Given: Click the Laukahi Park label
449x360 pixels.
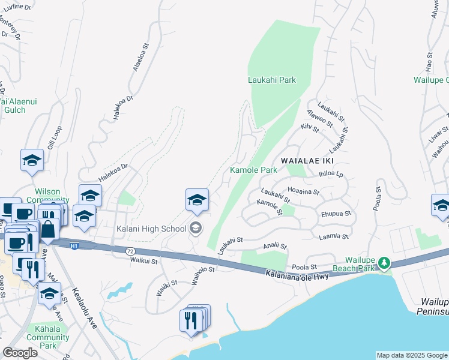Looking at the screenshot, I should (272, 80).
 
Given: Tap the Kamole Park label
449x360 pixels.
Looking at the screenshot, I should (254, 170).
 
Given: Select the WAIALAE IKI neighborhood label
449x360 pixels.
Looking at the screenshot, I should (306, 161).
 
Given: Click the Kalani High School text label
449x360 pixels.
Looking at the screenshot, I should (152, 229).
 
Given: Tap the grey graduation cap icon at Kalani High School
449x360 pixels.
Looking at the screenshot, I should (195, 228).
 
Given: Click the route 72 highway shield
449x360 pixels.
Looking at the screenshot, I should (131, 250).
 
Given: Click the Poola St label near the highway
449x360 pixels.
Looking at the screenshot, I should (304, 267).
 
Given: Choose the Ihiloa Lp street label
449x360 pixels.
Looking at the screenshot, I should (331, 175).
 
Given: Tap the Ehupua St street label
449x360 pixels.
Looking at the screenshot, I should (336, 214).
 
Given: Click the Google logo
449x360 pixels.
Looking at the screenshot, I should (20, 353).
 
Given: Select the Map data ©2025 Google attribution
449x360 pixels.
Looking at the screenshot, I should (412, 355).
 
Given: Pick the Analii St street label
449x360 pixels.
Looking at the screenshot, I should (276, 246).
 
